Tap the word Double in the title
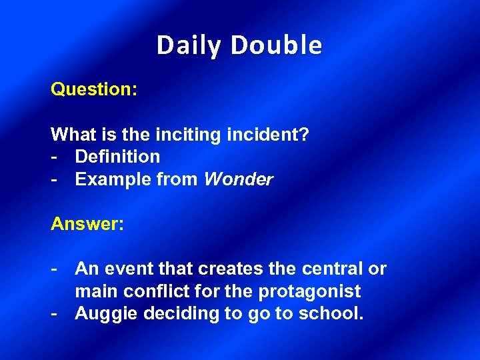coord(277,45)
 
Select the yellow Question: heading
coord(94,89)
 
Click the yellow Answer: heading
coord(87,224)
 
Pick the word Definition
coord(117,157)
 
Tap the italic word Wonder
coord(238,179)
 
